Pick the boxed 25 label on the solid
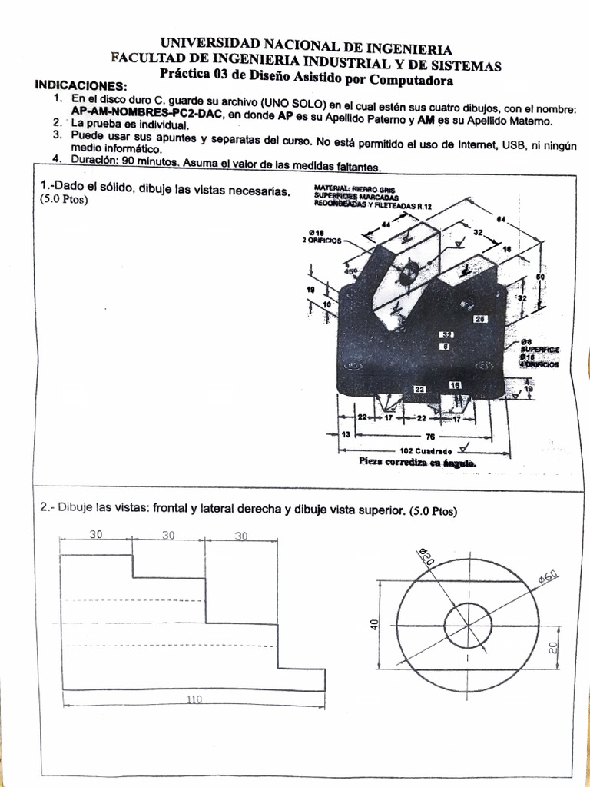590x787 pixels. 482,318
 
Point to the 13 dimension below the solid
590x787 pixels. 345,435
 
